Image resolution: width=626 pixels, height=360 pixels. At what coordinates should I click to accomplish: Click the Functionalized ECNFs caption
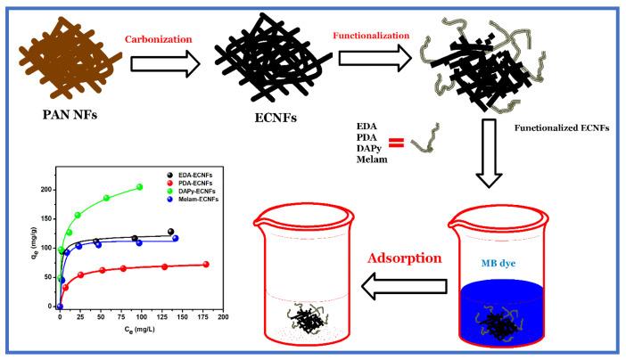coord(560,127)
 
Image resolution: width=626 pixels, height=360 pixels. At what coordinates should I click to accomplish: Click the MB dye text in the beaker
coord(495,264)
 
